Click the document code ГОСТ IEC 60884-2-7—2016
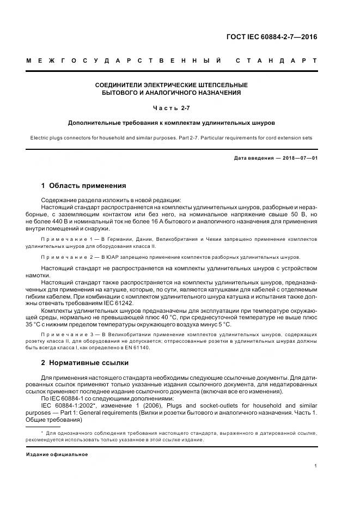[x=271, y=37]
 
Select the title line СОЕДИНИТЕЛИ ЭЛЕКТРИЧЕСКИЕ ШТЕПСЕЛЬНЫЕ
[x=171, y=85]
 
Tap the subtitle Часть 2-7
[x=171, y=108]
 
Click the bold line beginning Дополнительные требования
[x=171, y=123]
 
